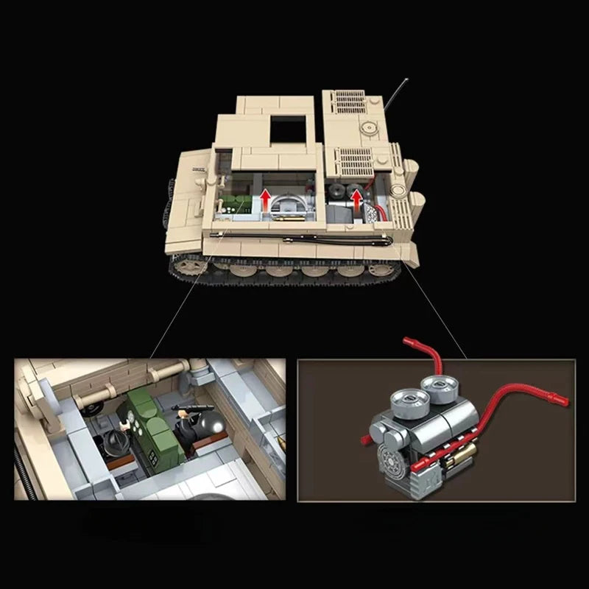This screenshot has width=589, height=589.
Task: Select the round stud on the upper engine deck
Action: [366, 127]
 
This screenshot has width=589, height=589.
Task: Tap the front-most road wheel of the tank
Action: [188, 264]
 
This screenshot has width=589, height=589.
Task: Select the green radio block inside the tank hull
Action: [231, 205]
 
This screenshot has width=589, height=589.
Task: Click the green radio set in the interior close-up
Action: [150, 423]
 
